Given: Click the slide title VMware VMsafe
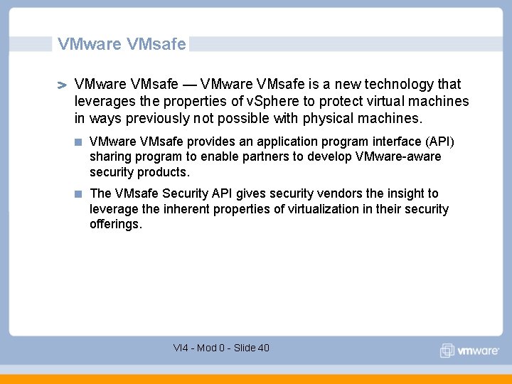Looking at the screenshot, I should pyautogui.click(x=122, y=44).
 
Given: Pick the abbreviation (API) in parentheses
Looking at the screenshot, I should pyautogui.click(x=439, y=142).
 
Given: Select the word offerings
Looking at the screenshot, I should pyautogui.click(x=115, y=224).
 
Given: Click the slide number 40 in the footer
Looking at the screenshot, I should pyautogui.click(x=263, y=348).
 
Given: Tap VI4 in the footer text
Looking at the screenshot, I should pyautogui.click(x=181, y=348).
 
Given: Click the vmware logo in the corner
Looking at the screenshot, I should pyautogui.click(x=470, y=351).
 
